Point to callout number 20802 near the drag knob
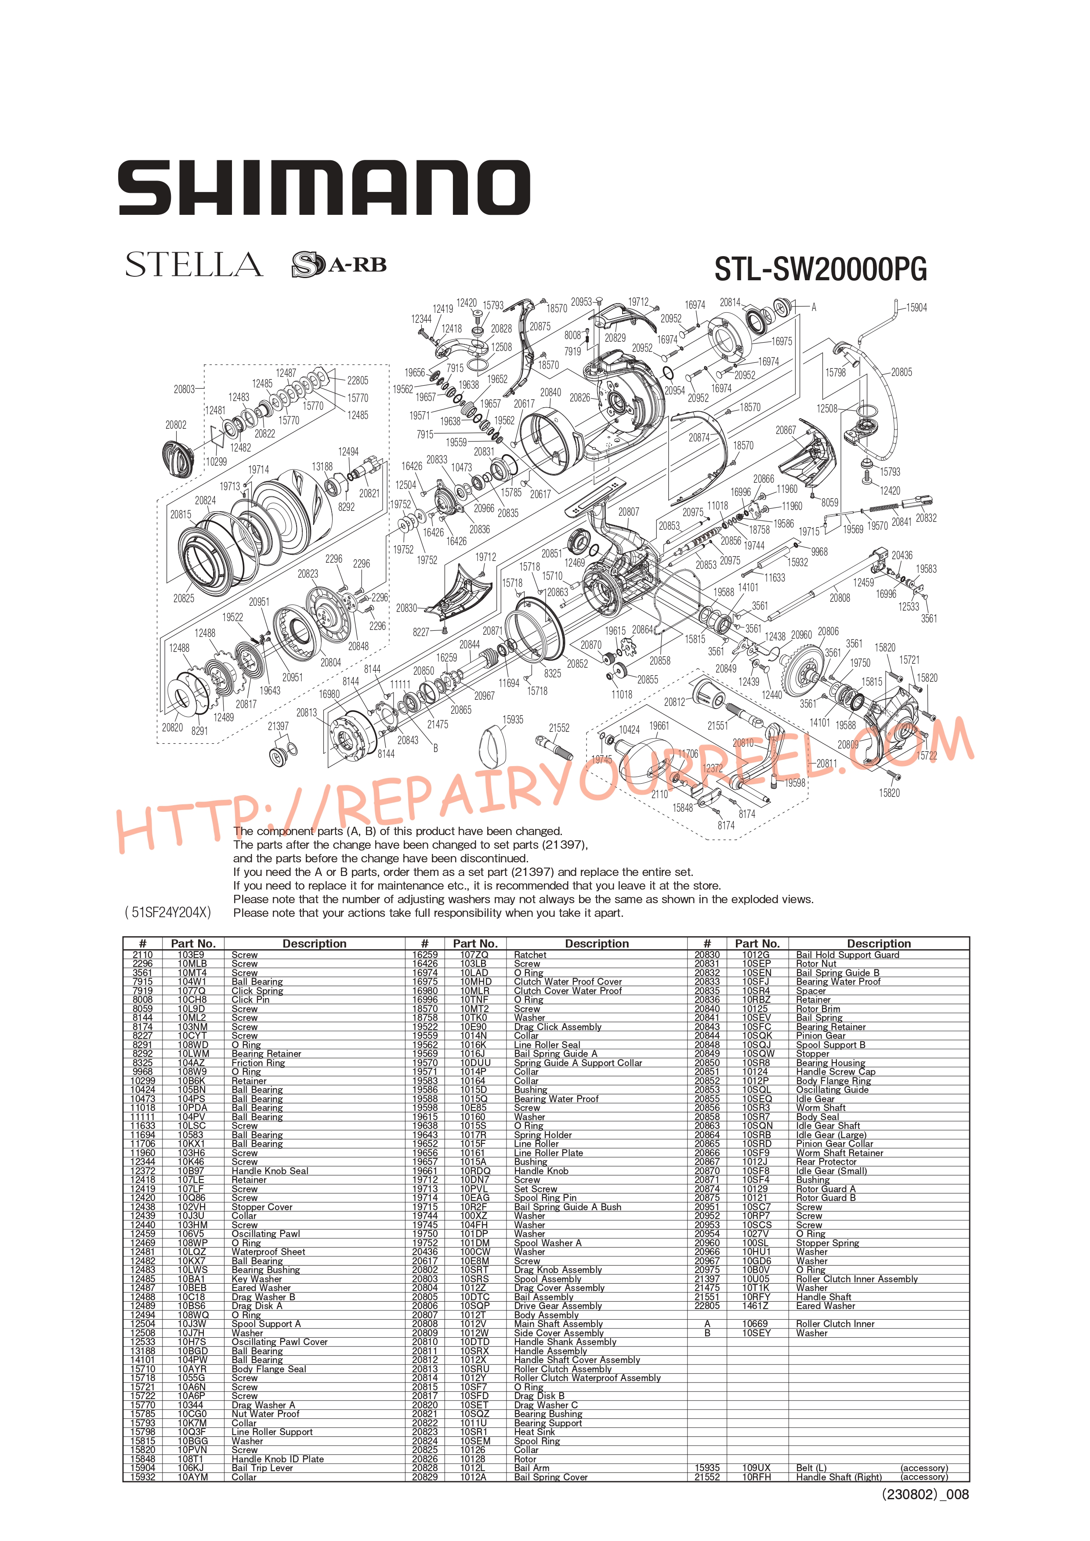pyautogui.click(x=176, y=425)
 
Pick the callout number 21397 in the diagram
pyautogui.click(x=278, y=726)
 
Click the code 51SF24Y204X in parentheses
pyautogui.click(x=168, y=912)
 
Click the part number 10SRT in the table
pyautogui.click(x=474, y=1270)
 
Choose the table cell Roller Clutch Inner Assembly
pyautogui.click(x=856, y=1279)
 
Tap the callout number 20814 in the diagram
pyautogui.click(x=730, y=303)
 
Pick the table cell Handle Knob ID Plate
pyautogui.click(x=277, y=1459)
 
